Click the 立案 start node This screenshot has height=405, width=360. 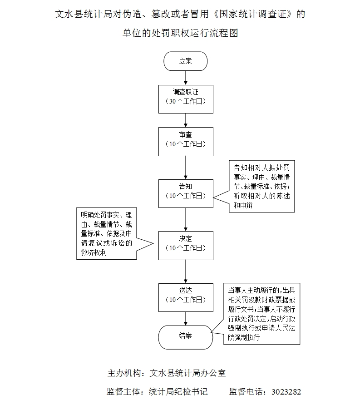[x=186, y=61]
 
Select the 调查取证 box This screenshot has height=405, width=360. [x=186, y=99]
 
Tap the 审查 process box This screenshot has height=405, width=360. [x=186, y=141]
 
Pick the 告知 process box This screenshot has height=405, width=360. [x=186, y=193]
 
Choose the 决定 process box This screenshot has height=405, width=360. [x=186, y=245]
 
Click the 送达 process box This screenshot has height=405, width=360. [x=186, y=297]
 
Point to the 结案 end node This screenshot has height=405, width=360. [x=186, y=336]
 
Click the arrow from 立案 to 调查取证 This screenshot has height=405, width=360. [x=186, y=78]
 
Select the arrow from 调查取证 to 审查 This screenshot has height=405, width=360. [x=186, y=120]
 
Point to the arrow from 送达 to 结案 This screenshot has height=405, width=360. [x=186, y=317]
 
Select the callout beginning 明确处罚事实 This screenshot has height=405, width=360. [x=107, y=234]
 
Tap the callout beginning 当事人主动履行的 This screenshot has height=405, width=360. [x=261, y=314]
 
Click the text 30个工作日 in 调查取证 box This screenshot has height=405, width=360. [x=186, y=102]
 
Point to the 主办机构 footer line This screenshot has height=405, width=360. [x=166, y=373]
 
